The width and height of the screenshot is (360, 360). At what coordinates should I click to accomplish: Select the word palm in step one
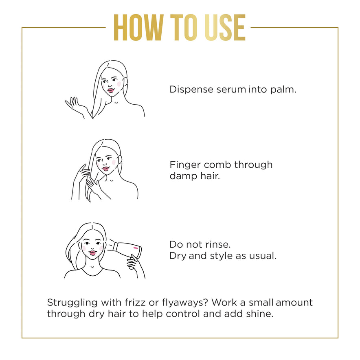click(x=283, y=90)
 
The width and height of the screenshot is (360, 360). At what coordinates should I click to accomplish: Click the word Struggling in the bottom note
click(x=72, y=303)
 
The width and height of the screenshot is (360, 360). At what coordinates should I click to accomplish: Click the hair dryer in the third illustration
click(x=127, y=249)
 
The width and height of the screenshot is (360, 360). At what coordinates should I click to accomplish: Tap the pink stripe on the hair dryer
click(x=136, y=248)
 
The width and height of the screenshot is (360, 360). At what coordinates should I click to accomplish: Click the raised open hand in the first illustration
click(x=74, y=105)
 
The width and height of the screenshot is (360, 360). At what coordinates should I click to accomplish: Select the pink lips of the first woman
click(x=111, y=90)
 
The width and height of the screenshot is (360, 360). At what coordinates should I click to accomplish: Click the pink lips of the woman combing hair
click(x=105, y=169)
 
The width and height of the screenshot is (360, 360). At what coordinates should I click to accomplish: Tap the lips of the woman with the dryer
click(x=92, y=253)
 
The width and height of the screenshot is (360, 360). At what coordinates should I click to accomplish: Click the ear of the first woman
click(x=125, y=83)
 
